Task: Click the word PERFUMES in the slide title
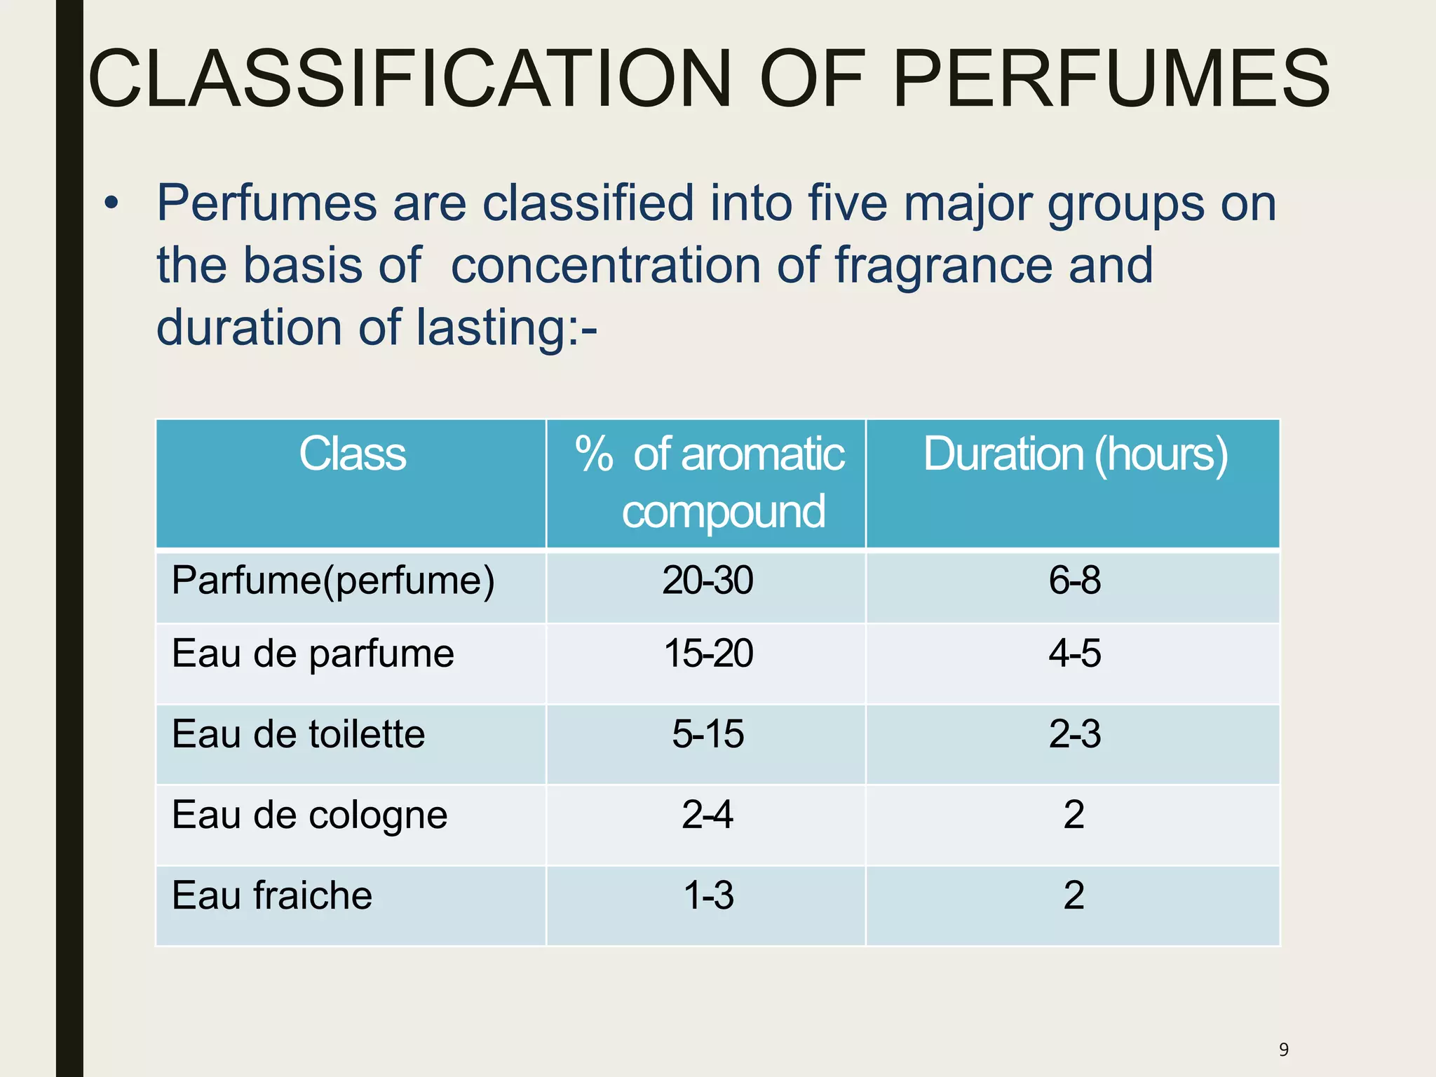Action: pyautogui.click(x=1111, y=79)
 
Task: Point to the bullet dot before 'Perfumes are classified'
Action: pyautogui.click(x=111, y=204)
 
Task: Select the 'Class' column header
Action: pyautogui.click(x=352, y=454)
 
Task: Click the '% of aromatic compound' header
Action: pyautogui.click(x=709, y=482)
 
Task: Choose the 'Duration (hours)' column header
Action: pyautogui.click(x=1075, y=454)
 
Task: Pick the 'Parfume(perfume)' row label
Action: pyautogui.click(x=333, y=581)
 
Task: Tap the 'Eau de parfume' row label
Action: pyautogui.click(x=313, y=654)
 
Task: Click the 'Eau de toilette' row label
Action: pyautogui.click(x=298, y=735)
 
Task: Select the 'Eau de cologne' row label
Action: pyautogui.click(x=309, y=815)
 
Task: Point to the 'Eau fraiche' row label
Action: pyautogui.click(x=272, y=896)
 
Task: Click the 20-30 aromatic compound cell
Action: pyautogui.click(x=707, y=581)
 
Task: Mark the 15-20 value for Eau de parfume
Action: pyautogui.click(x=708, y=654)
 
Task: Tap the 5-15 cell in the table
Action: pyautogui.click(x=708, y=735)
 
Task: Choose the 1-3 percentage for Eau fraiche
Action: pyautogui.click(x=708, y=896)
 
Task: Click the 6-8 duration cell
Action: pyautogui.click(x=1074, y=581)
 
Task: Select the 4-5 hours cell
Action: pyautogui.click(x=1074, y=654)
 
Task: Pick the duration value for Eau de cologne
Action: pyautogui.click(x=1073, y=815)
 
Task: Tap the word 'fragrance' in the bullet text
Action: pyautogui.click(x=942, y=266)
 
